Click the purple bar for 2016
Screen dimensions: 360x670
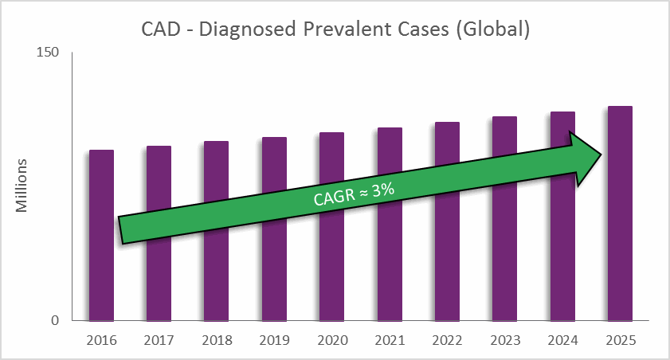[x=101, y=271]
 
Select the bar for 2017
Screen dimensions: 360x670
[x=159, y=271]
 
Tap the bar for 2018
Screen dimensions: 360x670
[x=216, y=271]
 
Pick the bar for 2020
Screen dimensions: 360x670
[x=331, y=271]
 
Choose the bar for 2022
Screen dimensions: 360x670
[x=447, y=271]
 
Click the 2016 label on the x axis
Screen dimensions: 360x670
[x=101, y=341]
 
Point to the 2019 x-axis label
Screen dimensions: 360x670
[x=274, y=341]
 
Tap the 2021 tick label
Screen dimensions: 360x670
[x=390, y=341]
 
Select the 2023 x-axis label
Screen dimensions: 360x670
[x=505, y=341]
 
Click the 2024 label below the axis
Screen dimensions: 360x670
[x=562, y=341]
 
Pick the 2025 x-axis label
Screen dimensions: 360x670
[x=620, y=341]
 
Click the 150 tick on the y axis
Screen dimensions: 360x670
[x=49, y=53]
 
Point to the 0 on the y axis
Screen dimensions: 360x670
[x=55, y=320]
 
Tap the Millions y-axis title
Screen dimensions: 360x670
[x=22, y=186]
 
